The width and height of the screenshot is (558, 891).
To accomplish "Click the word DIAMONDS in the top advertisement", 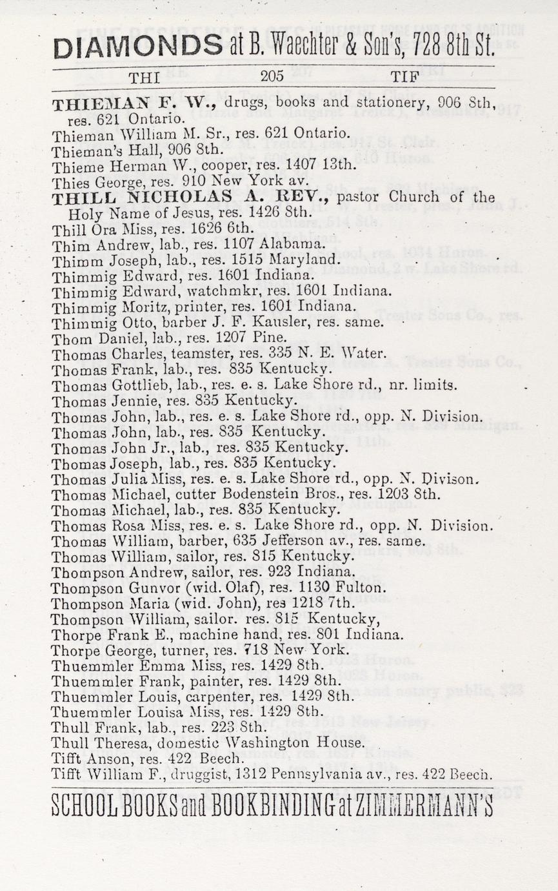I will (137, 46).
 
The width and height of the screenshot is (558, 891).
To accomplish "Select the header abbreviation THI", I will (140, 78).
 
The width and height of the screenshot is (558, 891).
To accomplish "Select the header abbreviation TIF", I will (405, 77).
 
